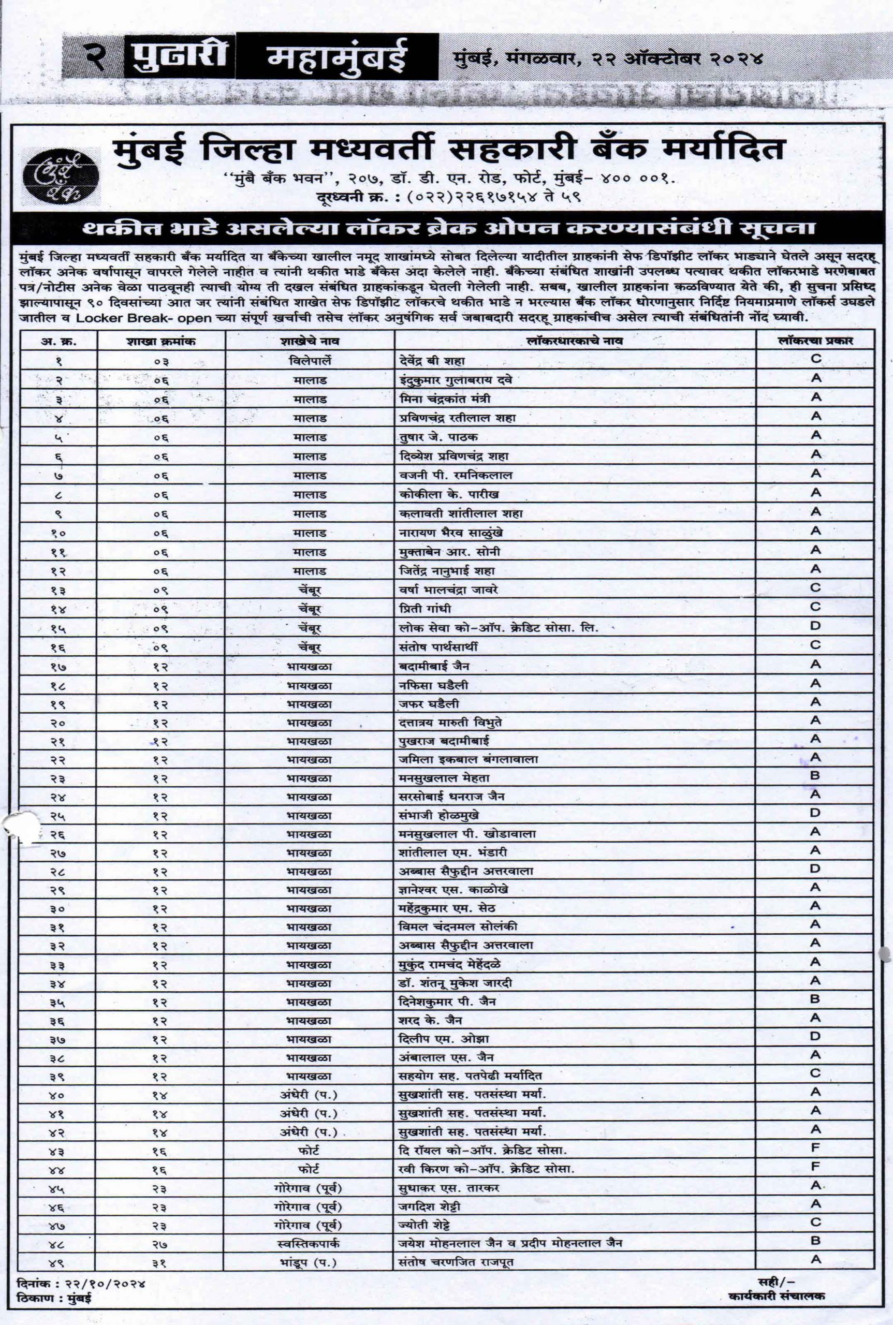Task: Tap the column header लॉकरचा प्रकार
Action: pyautogui.click(x=815, y=341)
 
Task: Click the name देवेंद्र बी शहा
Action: pyautogui.click(x=433, y=361)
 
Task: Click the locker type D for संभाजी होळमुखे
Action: pyautogui.click(x=815, y=813)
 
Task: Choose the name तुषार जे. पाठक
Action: pyautogui.click(x=438, y=437)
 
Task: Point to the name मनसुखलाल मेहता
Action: pyautogui.click(x=444, y=778)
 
